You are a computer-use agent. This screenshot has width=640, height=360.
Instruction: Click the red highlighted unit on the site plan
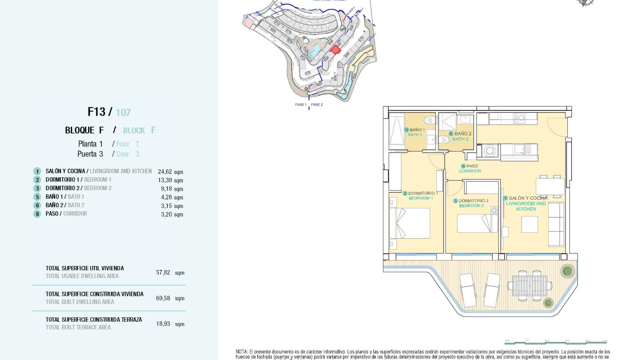point(335,50)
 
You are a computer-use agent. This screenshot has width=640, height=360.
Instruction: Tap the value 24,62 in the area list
point(165,172)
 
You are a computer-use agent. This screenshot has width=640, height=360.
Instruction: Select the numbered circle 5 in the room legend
point(37,197)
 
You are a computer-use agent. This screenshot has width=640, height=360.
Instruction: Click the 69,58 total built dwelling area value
point(163,298)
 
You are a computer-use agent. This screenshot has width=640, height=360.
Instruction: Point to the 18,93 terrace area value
point(163,324)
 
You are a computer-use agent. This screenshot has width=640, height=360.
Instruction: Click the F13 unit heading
point(96,112)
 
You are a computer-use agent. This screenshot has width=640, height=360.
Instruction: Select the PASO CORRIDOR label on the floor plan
point(470,168)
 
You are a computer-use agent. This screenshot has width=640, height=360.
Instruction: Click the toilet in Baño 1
point(429,120)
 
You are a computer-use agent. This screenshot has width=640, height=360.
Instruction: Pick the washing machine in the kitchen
point(489,151)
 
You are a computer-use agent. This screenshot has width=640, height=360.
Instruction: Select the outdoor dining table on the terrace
point(530,285)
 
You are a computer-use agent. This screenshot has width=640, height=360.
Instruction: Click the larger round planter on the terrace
point(567,271)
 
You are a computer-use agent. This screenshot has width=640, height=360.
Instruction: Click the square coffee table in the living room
point(530,224)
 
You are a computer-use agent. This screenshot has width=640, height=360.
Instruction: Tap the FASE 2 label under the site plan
point(317,105)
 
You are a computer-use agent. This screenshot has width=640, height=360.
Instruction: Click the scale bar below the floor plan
point(556,342)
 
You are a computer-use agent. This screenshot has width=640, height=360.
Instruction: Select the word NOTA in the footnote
point(242,352)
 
